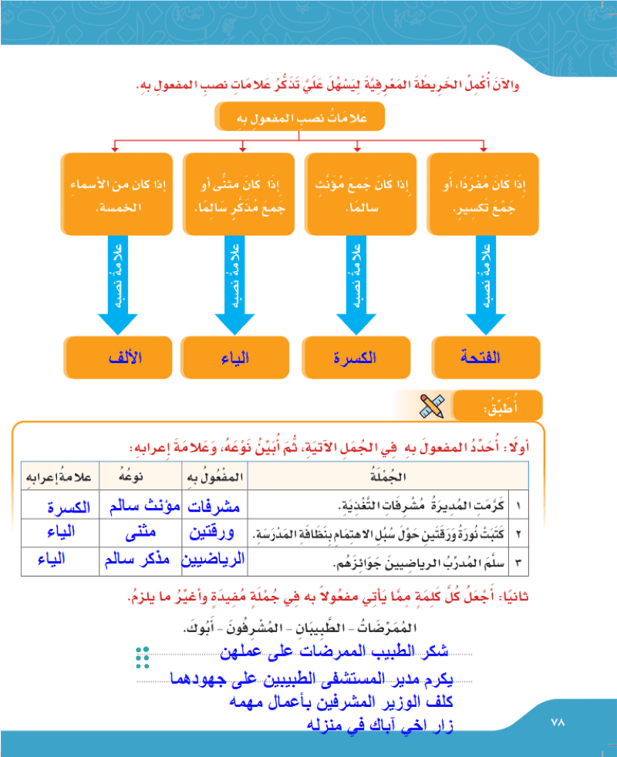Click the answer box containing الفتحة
[486, 357]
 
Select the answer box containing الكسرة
[356, 357]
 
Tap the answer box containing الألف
[118, 357]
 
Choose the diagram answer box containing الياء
[234, 357]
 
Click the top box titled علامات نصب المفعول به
[299, 116]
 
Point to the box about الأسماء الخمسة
[116, 194]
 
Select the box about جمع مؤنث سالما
[360, 194]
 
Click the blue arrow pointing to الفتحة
[486, 285]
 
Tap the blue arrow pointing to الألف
[118, 285]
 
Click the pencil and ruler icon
[431, 406]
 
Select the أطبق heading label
[497, 406]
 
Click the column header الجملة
[388, 476]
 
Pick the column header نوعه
[140, 476]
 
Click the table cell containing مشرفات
[214, 505]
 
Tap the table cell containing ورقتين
[214, 533]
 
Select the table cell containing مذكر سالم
[140, 561]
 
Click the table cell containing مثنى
[140, 533]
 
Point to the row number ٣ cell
[518, 561]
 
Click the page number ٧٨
[558, 722]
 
